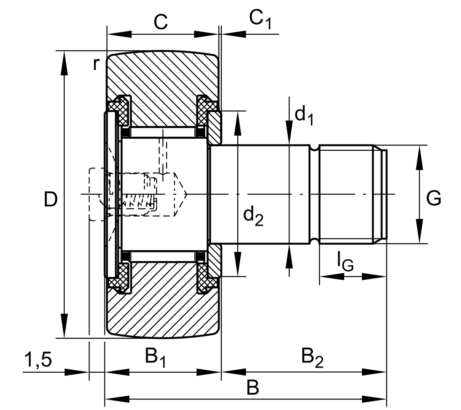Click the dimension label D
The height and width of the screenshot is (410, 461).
point(51,200)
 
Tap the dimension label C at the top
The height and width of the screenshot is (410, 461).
point(160,22)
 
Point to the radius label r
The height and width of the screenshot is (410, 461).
point(97,64)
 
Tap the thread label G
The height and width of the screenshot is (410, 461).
point(434,198)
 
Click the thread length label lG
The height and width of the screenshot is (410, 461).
point(345,261)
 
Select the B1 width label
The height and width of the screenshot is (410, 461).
point(155,357)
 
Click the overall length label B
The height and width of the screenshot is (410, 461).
point(253,388)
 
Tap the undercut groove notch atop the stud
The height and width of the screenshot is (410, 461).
point(315,148)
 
